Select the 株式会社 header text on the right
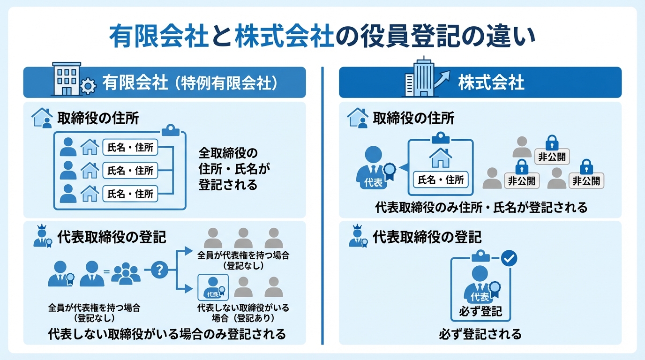click(491, 83)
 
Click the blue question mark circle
click(160, 270)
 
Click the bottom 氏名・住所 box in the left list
click(131, 193)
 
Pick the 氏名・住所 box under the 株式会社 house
click(440, 180)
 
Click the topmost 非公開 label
click(552, 157)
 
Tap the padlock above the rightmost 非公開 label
click(586, 166)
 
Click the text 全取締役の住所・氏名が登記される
click(228, 169)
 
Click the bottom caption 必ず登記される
click(480, 334)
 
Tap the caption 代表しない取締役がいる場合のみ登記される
click(166, 334)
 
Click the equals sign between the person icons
click(106, 271)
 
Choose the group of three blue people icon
click(126, 273)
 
